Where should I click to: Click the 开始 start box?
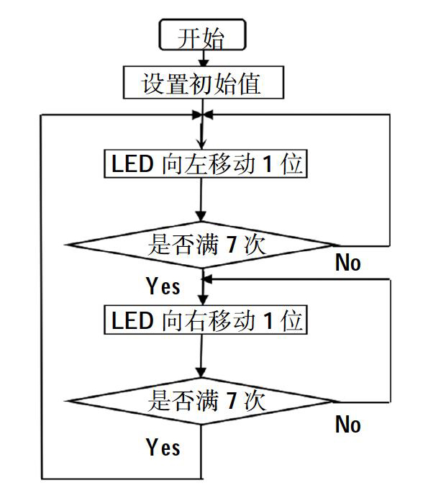(202, 35)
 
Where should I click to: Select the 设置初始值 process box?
(204, 83)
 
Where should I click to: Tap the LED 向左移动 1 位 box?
(206, 163)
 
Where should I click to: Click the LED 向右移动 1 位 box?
(206, 320)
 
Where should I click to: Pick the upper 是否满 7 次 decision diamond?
(201, 245)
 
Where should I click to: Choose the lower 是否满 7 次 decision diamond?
(201, 401)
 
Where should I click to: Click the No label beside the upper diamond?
(348, 263)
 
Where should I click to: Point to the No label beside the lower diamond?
(348, 424)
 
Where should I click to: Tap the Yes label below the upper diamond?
(163, 286)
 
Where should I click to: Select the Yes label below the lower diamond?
(163, 447)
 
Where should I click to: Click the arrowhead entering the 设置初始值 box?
(204, 62)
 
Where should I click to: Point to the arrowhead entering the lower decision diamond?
(201, 373)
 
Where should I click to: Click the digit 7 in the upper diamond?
(232, 245)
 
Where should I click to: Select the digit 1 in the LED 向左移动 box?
(268, 163)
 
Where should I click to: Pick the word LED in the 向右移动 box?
(132, 320)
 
